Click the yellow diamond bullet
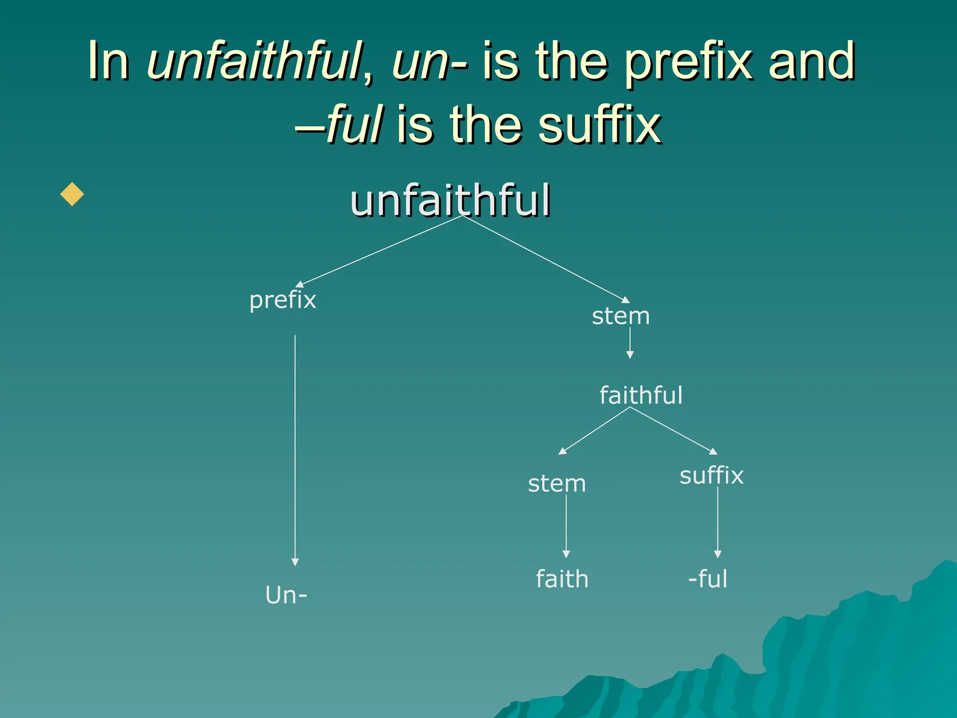[72, 194]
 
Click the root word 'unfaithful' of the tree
[450, 201]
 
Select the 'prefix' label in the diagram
[283, 300]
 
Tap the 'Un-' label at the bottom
[286, 595]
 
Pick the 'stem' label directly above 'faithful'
[621, 316]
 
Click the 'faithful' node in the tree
[641, 395]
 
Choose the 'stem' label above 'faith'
[557, 483]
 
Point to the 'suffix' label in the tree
[711, 476]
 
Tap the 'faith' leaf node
[562, 579]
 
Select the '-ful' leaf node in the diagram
[708, 579]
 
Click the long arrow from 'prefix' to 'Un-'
[295, 449]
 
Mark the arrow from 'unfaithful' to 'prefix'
[379, 251]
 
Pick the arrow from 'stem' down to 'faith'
[566, 526]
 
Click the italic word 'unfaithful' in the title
[255, 61]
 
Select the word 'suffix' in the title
[600, 124]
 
